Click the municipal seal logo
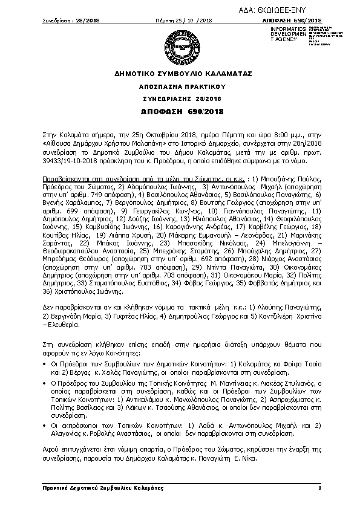(x=179, y=46)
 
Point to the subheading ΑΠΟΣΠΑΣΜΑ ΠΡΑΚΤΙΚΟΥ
(x=179, y=87)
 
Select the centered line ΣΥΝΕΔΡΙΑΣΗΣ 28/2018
(x=179, y=99)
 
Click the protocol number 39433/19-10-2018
(x=68, y=163)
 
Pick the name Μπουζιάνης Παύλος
(x=290, y=180)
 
